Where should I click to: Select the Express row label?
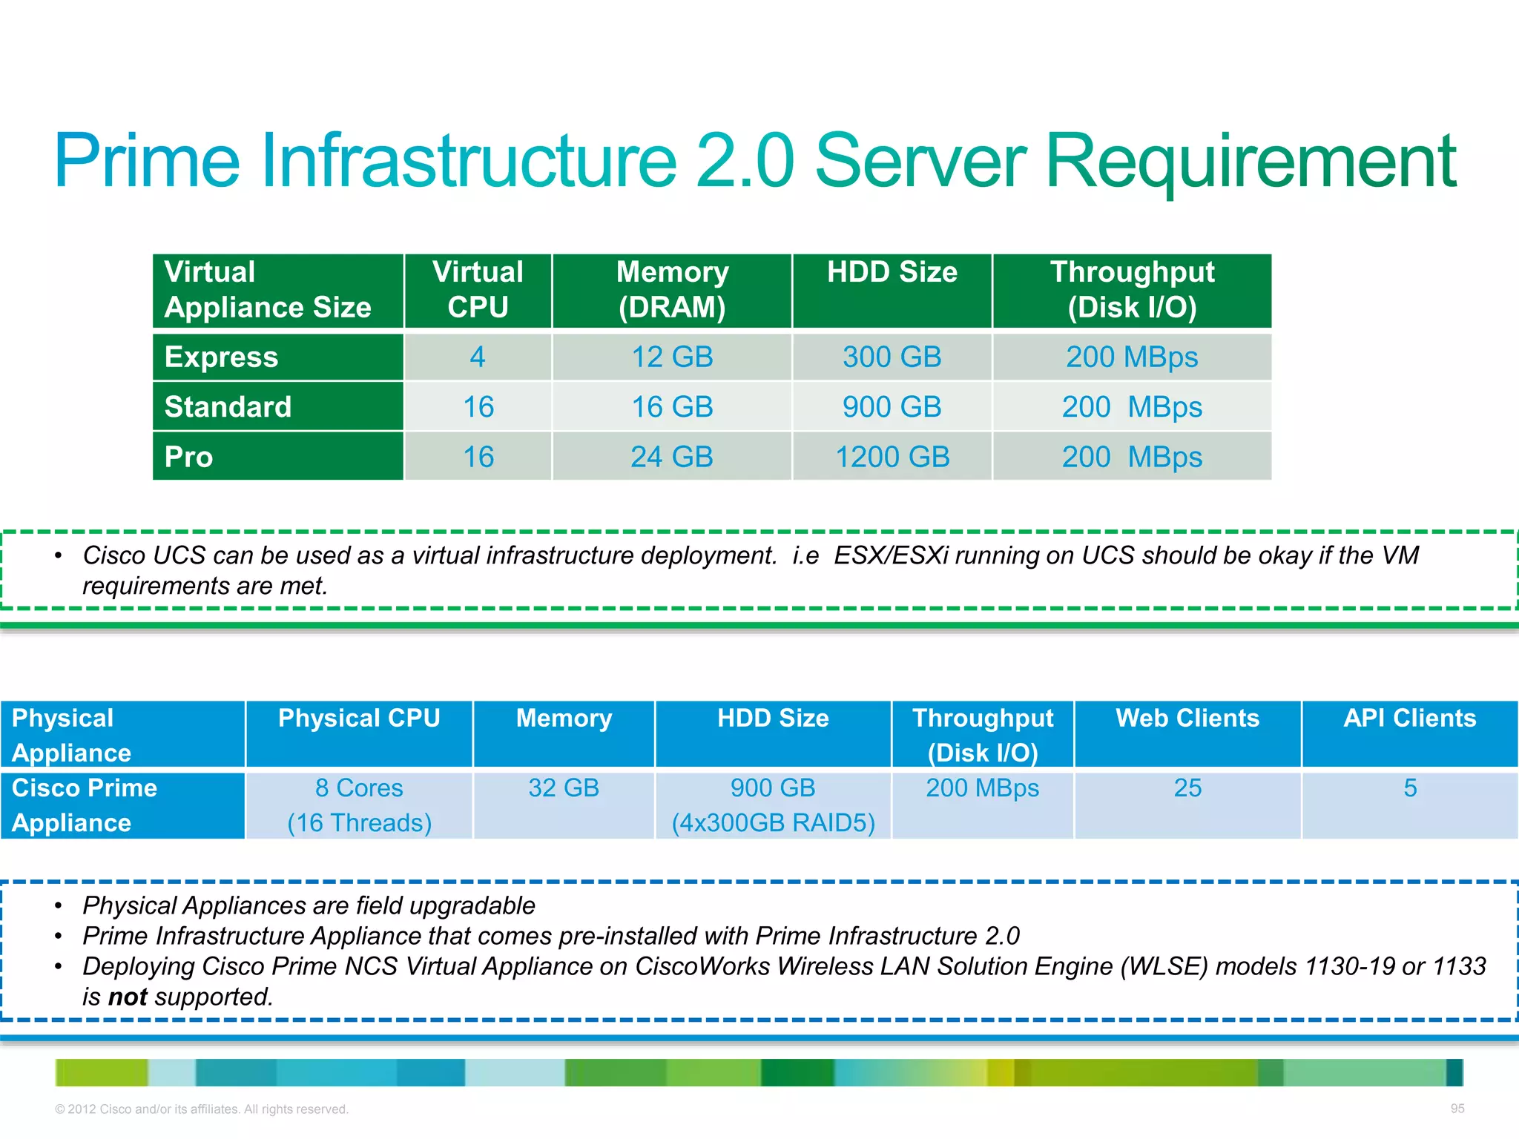(x=221, y=357)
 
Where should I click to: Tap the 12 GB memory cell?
(x=672, y=357)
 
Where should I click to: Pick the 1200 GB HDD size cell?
(x=892, y=457)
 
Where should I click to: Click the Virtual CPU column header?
(x=478, y=290)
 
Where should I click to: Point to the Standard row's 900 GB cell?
(x=892, y=407)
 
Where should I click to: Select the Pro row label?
(x=188, y=457)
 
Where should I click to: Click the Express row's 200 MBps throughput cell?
(x=1132, y=357)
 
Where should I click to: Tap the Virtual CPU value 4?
(x=478, y=357)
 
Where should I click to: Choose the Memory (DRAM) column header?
(x=672, y=290)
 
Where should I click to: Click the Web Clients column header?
(x=1187, y=718)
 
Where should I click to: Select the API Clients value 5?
(x=1410, y=788)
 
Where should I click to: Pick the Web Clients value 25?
(x=1187, y=788)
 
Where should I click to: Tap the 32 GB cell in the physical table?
(x=564, y=788)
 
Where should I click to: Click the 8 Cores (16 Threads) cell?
(x=359, y=805)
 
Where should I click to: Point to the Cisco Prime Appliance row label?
(x=85, y=805)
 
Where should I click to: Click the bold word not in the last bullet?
(x=128, y=997)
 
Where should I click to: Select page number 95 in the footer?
(x=1457, y=1109)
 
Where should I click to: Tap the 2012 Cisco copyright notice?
(x=201, y=1109)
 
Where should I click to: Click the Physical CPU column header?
(x=359, y=718)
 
